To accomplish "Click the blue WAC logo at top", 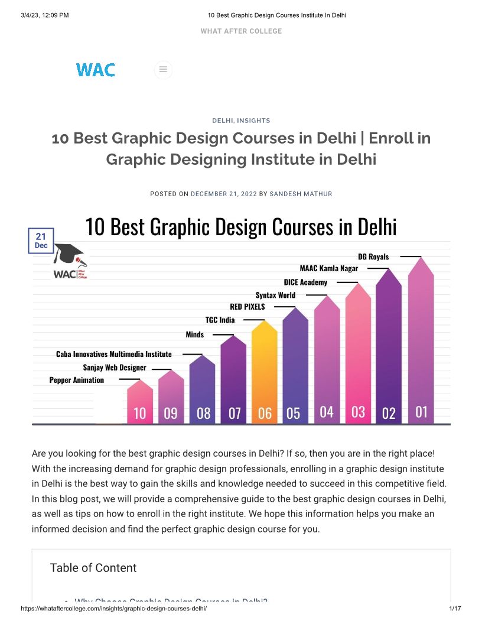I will click(95, 70).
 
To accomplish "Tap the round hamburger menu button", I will click(163, 70).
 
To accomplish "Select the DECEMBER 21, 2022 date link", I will click(224, 194).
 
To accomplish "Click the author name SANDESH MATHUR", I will click(301, 194).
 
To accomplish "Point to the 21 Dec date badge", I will click(41, 240).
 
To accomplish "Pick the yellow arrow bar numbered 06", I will click(265, 372).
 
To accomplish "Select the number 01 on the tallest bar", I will click(421, 411).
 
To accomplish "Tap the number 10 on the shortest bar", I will click(139, 413).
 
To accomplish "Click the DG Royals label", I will click(373, 256).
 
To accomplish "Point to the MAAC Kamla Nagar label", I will click(328, 268).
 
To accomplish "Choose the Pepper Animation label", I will click(76, 380).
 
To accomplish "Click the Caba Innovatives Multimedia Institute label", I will click(113, 354).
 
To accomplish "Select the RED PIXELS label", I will click(247, 307).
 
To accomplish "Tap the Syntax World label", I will click(275, 295).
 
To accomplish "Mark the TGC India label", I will click(220, 320).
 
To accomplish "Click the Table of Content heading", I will click(93, 568).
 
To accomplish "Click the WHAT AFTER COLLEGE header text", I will click(241, 31).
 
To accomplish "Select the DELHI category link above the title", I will click(223, 121).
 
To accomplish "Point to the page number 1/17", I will click(455, 608).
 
